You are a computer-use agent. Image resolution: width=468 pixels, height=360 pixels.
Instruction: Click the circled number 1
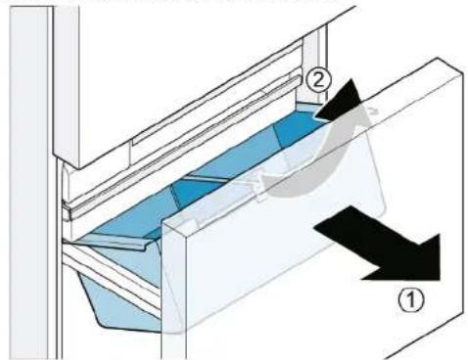411,299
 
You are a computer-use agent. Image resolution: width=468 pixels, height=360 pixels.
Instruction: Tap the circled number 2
318,80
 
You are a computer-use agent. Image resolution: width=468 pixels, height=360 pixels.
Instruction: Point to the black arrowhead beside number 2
340,100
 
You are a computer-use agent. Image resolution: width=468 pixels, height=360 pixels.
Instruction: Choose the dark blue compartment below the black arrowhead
296,130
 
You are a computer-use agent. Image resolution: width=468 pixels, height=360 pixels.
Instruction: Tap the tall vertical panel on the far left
29,183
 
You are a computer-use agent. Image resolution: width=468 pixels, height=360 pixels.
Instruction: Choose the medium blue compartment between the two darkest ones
238,159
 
